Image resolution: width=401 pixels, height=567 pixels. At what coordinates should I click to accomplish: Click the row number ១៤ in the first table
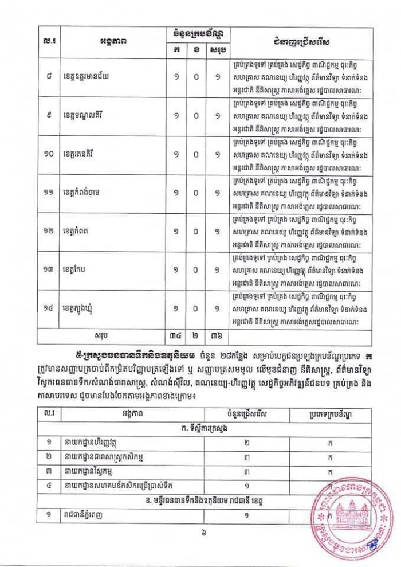click(49, 308)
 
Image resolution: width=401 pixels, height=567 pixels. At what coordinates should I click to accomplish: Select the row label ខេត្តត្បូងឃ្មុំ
click(87, 308)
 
